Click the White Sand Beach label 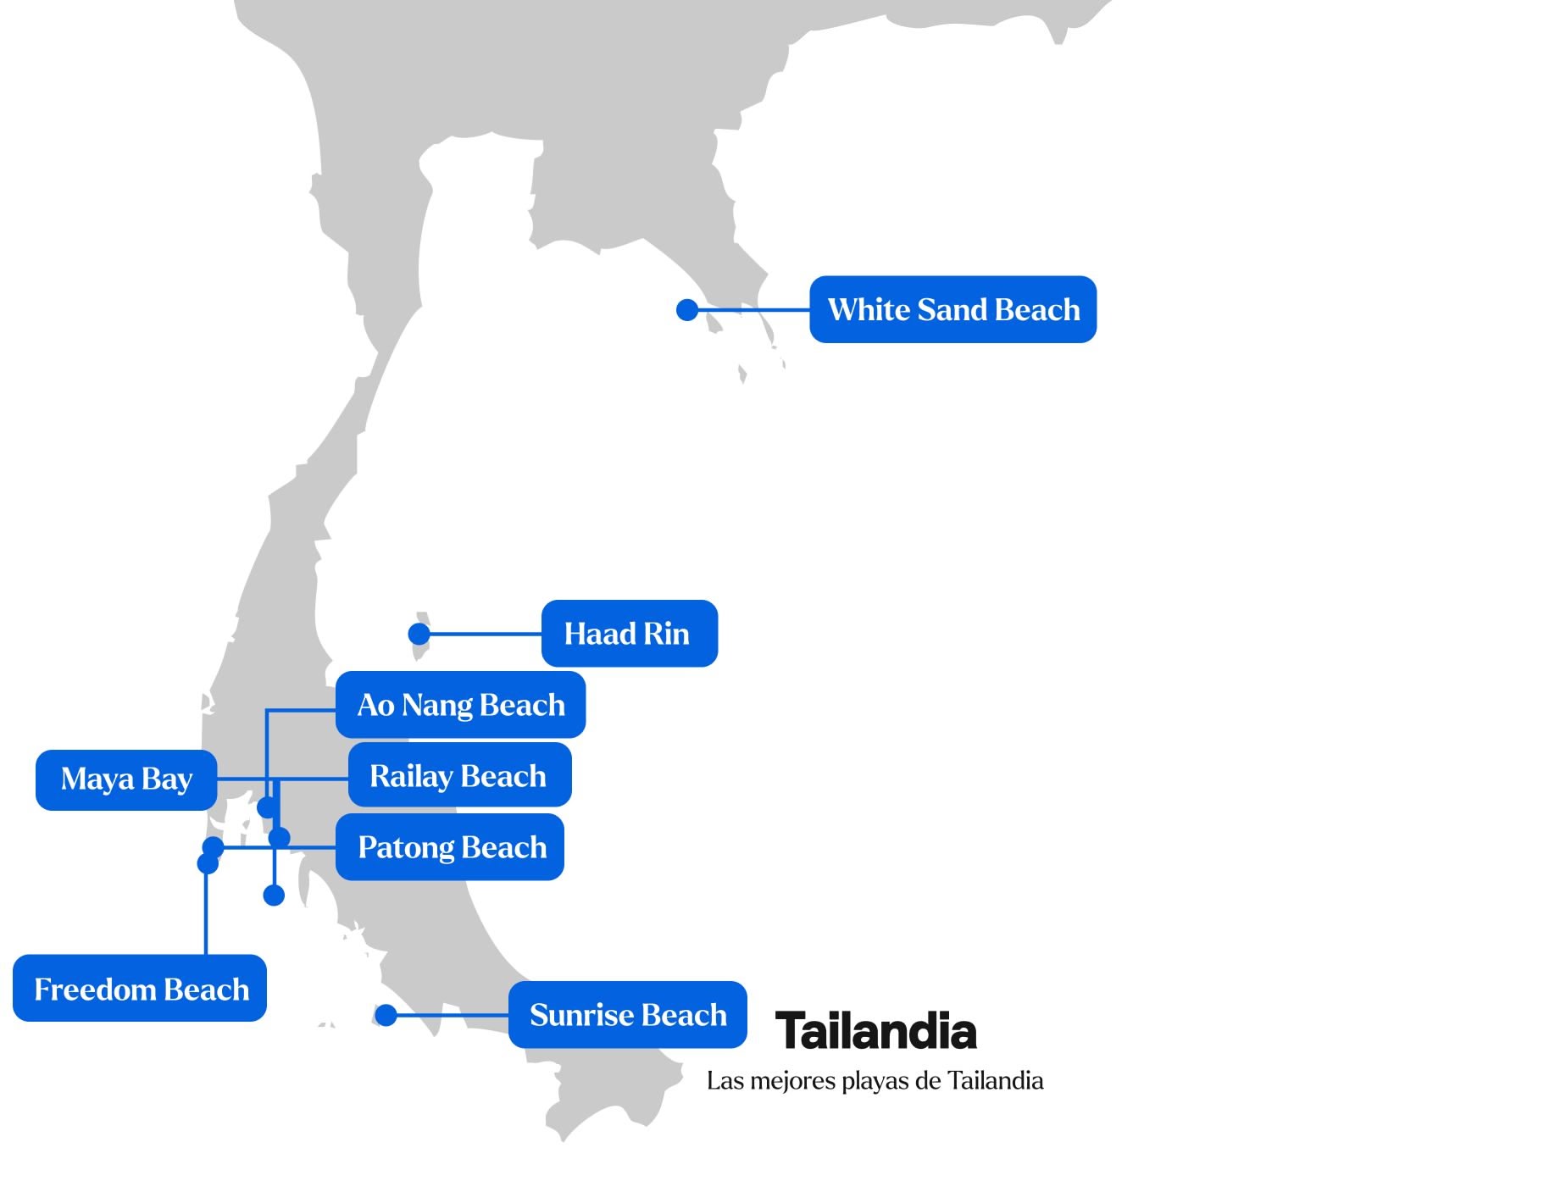pos(952,309)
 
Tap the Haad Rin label pos(629,634)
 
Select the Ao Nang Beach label pos(460,705)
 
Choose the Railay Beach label pos(459,775)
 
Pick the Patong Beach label pos(450,847)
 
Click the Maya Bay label pos(126,779)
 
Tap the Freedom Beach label pos(140,988)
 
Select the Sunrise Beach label pos(628,1015)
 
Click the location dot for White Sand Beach pos(687,310)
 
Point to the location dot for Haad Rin pos(419,634)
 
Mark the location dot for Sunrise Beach pos(386,1015)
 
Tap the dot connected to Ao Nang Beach pos(267,807)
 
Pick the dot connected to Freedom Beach pos(208,863)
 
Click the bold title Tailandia pos(876,1031)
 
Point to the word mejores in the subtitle pos(794,1081)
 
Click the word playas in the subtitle pos(876,1082)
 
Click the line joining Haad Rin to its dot pos(480,634)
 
